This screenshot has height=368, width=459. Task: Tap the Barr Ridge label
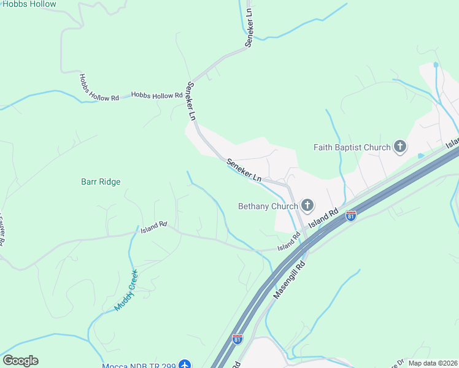(x=101, y=182)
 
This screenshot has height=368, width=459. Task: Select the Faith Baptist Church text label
(x=352, y=147)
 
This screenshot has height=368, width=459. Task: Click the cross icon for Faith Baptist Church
(x=400, y=147)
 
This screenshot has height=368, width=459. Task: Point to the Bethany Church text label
(x=267, y=206)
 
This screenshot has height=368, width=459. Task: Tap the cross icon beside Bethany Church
(x=306, y=205)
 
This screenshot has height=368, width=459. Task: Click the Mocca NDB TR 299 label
(x=139, y=366)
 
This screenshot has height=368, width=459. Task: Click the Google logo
(x=20, y=361)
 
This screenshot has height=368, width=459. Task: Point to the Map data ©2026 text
(x=432, y=363)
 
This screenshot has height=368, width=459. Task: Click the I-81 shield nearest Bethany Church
(x=350, y=216)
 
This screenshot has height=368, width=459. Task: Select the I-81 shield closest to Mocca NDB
(x=237, y=339)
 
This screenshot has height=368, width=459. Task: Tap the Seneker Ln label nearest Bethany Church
(x=244, y=170)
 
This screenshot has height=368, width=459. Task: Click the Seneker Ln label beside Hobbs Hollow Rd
(x=191, y=101)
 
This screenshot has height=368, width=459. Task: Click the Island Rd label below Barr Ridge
(x=153, y=228)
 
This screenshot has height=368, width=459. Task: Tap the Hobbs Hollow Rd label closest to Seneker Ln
(x=157, y=95)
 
